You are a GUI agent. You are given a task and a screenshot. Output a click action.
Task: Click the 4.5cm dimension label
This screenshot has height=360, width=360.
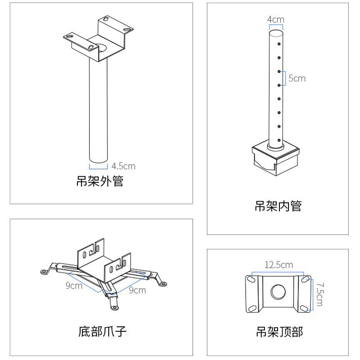(x=123, y=166)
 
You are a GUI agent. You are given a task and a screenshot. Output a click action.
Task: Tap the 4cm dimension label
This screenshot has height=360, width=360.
(x=275, y=19)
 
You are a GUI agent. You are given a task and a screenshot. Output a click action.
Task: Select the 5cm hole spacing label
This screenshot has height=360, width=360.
(x=297, y=78)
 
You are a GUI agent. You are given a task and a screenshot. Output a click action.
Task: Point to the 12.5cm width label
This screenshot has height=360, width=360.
(x=278, y=265)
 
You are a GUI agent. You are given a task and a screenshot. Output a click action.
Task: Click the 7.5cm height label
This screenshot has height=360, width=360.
(x=319, y=294)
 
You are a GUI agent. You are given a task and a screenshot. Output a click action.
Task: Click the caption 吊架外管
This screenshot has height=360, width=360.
(x=99, y=182)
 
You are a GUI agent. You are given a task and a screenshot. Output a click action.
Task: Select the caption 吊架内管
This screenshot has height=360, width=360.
(x=278, y=206)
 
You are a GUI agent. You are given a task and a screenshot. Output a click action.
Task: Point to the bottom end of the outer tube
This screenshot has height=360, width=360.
(x=98, y=159)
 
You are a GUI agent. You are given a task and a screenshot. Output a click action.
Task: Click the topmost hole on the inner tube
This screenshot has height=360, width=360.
(x=279, y=44)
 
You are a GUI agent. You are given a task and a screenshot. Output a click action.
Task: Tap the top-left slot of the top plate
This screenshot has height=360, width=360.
(x=250, y=280)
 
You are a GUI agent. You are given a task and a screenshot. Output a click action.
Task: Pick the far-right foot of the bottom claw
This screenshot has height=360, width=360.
(x=163, y=284)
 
